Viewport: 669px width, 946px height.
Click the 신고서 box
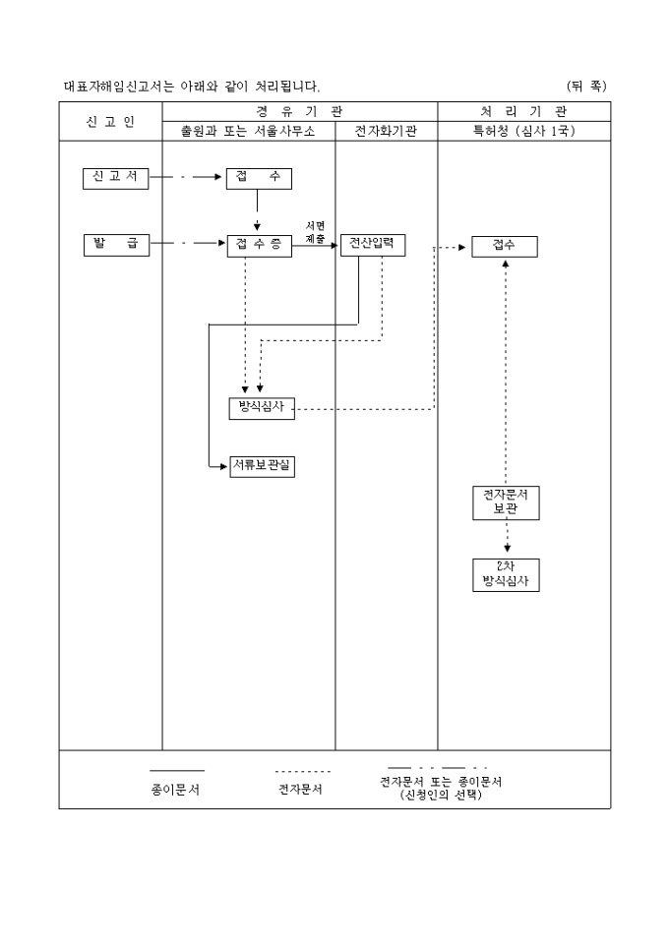116,178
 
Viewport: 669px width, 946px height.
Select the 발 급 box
116,245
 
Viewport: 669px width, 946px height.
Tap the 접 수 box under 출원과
259,178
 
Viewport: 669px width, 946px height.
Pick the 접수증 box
259,246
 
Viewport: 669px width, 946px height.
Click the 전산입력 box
373,245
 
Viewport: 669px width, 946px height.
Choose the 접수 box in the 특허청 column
504,246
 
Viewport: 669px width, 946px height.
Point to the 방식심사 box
261,408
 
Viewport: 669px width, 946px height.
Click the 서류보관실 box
261,466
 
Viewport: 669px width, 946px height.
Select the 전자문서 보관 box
505,502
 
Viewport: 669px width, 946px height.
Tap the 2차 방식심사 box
505,574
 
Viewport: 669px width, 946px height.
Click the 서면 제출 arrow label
316,232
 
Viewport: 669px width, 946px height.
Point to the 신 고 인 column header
110,121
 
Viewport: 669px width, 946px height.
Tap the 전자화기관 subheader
386,132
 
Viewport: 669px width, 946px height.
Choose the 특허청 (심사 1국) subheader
523,132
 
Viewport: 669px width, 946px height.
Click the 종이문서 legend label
176,789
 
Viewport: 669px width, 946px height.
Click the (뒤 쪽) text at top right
586,87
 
